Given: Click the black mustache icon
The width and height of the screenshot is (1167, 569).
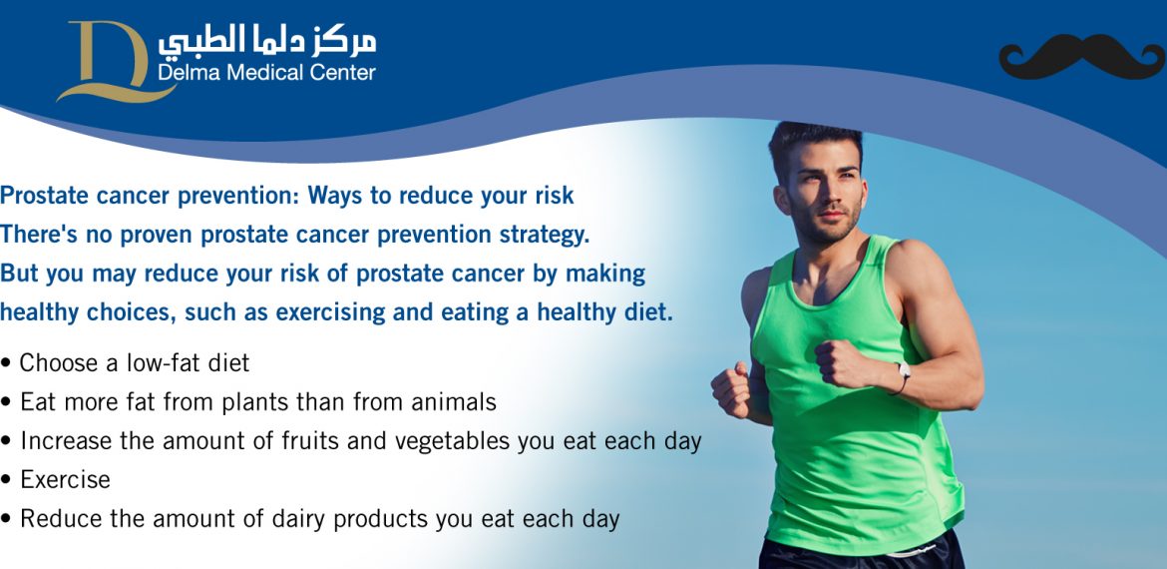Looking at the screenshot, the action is (x=1081, y=57).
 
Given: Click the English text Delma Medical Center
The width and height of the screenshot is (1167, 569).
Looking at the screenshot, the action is (x=266, y=72).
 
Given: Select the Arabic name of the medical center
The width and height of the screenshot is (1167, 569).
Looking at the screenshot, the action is (x=266, y=42).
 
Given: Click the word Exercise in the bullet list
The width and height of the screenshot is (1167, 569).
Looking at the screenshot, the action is (x=66, y=479).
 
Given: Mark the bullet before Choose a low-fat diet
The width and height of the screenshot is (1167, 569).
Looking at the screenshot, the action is (x=6, y=364).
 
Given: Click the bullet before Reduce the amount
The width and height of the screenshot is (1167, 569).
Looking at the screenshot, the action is (x=6, y=519).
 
